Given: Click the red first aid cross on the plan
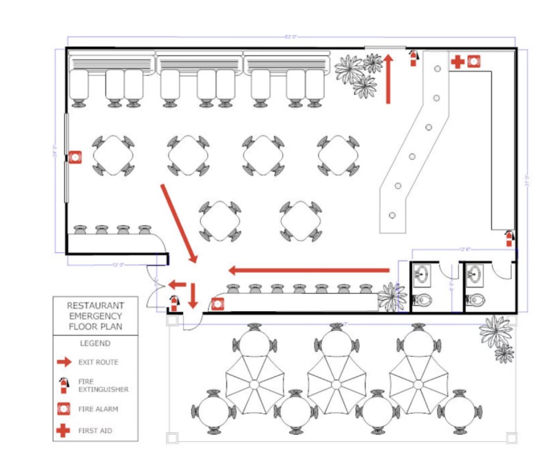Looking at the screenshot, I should pyautogui.click(x=457, y=62).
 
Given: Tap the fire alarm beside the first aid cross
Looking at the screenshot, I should pyautogui.click(x=473, y=62).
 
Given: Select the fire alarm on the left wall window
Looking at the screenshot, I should pyautogui.click(x=75, y=158).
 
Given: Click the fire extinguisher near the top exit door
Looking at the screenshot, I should pyautogui.click(x=414, y=58).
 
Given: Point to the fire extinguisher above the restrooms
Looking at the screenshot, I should pyautogui.click(x=509, y=238).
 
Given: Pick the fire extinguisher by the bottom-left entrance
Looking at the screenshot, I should pyautogui.click(x=174, y=303).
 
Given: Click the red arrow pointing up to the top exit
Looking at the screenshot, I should pyautogui.click(x=388, y=78).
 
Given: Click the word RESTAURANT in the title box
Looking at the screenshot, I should pyautogui.click(x=95, y=306).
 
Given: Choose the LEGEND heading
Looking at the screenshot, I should pyautogui.click(x=95, y=343).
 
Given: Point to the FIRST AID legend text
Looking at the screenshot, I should pyautogui.click(x=95, y=431).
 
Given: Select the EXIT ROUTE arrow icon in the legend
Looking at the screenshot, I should pyautogui.click(x=64, y=362).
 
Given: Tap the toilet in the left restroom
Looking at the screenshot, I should pyautogui.click(x=423, y=300).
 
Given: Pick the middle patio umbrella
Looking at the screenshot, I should pyautogui.click(x=336, y=384).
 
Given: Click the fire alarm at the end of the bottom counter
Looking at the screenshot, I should pyautogui.click(x=217, y=304).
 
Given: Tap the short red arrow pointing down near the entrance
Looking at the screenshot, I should pyautogui.click(x=193, y=295).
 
